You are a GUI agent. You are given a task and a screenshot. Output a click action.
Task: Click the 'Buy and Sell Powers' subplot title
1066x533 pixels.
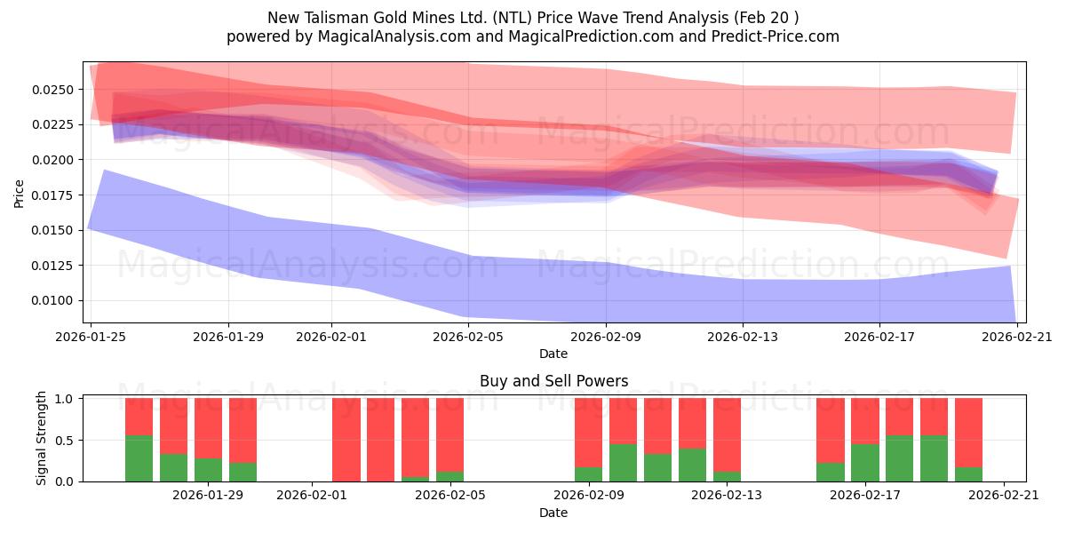point(553,381)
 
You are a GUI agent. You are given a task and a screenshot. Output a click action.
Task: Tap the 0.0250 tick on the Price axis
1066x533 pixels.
point(56,90)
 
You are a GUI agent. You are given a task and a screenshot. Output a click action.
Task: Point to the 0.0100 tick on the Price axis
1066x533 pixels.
point(56,300)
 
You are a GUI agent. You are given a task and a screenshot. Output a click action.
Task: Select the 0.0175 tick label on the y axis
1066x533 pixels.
point(56,195)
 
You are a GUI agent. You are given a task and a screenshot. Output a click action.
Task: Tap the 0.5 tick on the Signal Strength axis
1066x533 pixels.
point(68,441)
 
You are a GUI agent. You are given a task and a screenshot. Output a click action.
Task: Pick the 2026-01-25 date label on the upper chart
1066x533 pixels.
point(91,337)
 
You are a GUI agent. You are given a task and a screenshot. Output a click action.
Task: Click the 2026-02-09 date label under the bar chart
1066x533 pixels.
point(588,495)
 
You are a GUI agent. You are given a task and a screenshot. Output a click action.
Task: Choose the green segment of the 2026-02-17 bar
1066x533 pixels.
point(864,463)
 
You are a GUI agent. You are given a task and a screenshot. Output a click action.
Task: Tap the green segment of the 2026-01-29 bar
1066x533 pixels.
point(208,470)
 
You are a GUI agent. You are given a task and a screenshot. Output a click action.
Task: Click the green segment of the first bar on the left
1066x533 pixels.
point(139,458)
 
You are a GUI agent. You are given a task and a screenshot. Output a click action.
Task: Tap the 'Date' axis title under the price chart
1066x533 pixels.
point(553,354)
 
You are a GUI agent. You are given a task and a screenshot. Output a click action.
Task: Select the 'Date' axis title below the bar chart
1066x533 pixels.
point(553,513)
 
